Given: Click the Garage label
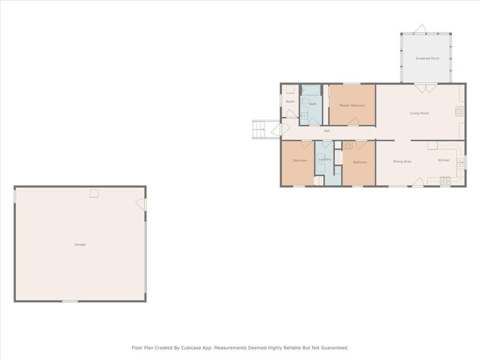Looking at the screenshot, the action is [x=80, y=244].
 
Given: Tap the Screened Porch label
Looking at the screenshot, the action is [x=427, y=58].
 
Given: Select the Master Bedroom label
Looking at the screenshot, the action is [x=352, y=105].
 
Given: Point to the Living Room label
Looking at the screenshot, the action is [x=420, y=113].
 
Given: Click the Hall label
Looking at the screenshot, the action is [x=326, y=131].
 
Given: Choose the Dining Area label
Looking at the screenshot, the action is [x=402, y=161].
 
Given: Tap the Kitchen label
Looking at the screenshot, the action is [x=444, y=160].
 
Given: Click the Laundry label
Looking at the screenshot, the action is [x=325, y=159].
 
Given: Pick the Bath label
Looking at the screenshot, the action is [x=313, y=104].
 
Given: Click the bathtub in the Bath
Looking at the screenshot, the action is [x=311, y=90].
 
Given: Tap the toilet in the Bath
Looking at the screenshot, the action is [x=305, y=102].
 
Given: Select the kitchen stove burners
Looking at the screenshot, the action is [x=445, y=181].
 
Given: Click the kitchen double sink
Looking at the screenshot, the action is [x=460, y=163].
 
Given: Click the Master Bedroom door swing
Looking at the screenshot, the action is [x=353, y=121].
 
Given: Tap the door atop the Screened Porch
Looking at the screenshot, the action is [x=421, y=29].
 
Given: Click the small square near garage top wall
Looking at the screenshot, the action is [x=94, y=193].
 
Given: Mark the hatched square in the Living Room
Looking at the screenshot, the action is [x=459, y=111].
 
